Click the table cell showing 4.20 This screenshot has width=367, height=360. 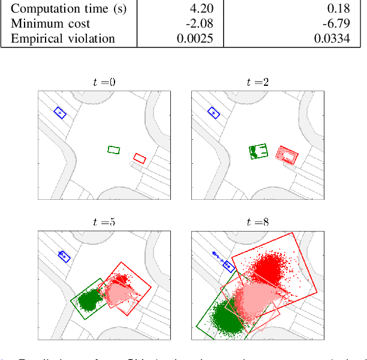(201, 9)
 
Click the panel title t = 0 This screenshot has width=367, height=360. (105, 83)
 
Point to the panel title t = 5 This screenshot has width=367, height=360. (105, 222)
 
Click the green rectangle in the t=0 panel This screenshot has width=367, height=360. (114, 149)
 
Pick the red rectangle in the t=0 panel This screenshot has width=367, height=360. (140, 158)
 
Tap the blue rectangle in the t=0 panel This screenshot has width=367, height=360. (60, 113)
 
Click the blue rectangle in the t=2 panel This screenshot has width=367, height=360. (213, 113)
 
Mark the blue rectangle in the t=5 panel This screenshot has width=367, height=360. (64, 256)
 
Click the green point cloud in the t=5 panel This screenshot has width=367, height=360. (90, 299)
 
